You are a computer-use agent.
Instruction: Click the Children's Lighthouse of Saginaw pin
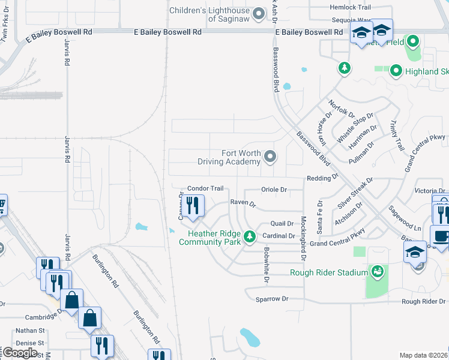[259, 13]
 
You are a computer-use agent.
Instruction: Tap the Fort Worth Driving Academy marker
[270, 157]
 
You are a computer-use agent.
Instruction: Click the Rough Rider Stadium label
[328, 273]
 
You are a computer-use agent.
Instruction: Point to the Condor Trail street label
[205, 188]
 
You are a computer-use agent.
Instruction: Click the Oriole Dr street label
[274, 190]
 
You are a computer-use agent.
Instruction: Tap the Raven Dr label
[243, 203]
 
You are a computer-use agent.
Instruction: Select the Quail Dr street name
[282, 223]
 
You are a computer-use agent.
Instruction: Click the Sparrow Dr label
[272, 298]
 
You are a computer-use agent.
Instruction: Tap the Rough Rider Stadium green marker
[378, 272]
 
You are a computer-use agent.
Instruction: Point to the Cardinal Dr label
[278, 236]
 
